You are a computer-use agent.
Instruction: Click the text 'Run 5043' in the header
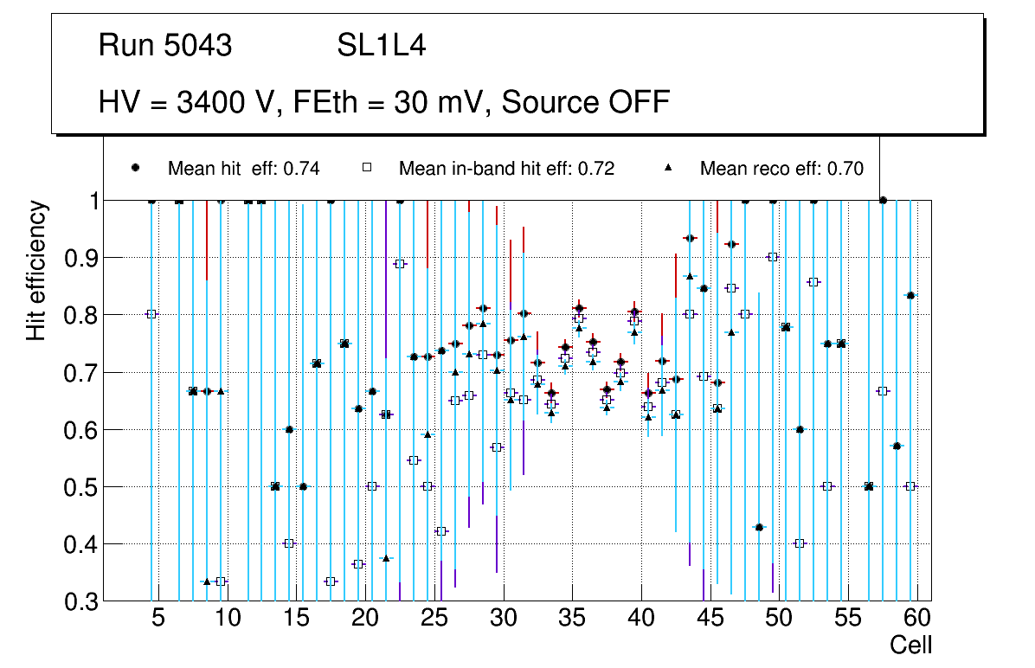165,46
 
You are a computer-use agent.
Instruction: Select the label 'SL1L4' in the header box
381,46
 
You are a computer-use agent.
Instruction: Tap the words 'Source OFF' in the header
586,102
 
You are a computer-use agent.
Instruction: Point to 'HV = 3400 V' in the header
184,102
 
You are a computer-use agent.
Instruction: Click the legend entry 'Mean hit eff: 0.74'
244,169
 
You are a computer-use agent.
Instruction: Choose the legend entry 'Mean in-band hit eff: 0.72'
506,169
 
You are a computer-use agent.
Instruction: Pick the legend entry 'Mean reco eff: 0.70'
781,169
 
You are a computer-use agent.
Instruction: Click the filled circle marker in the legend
137,168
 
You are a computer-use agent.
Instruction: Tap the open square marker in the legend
366,168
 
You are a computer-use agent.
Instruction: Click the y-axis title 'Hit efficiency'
36,270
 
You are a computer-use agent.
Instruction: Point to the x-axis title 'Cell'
911,645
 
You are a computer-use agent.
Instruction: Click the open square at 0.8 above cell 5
151,314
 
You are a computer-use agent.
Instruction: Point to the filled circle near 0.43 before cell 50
759,527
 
